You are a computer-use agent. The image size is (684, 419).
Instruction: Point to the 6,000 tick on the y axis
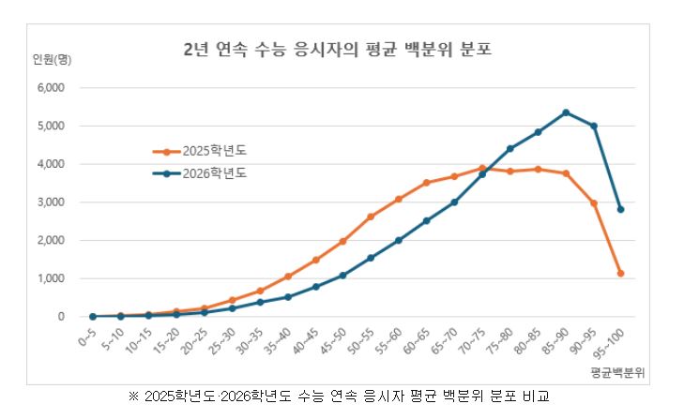(49, 87)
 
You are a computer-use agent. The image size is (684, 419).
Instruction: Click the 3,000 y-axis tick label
(49, 202)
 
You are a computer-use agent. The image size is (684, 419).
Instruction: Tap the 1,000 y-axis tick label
(49, 278)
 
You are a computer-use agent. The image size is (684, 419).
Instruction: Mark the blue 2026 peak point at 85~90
(566, 112)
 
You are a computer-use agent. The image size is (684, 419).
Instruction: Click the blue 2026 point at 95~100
(621, 209)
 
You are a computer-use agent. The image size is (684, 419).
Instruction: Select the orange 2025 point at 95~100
(621, 273)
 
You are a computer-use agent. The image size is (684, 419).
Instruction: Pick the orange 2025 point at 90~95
(594, 202)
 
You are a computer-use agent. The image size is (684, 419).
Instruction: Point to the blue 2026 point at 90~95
(594, 126)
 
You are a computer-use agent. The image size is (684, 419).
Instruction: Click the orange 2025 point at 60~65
(427, 183)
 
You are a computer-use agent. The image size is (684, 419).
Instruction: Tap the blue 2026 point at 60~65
(427, 221)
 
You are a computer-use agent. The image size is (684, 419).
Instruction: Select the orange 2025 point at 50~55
(371, 217)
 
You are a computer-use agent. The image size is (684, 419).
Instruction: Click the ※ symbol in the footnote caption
(133, 396)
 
